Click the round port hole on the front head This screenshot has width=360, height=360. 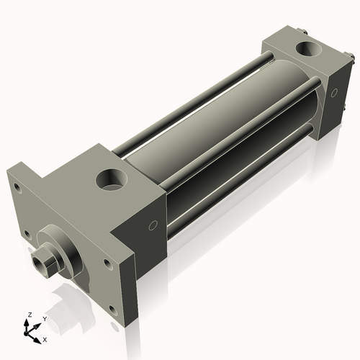[x=112, y=178]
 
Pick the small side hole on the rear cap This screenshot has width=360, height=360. [x=333, y=91]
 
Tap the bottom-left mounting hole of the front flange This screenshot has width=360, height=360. [x=27, y=233]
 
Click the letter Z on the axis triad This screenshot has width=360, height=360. [x=28, y=315]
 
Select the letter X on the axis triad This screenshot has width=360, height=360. [x=45, y=338]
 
